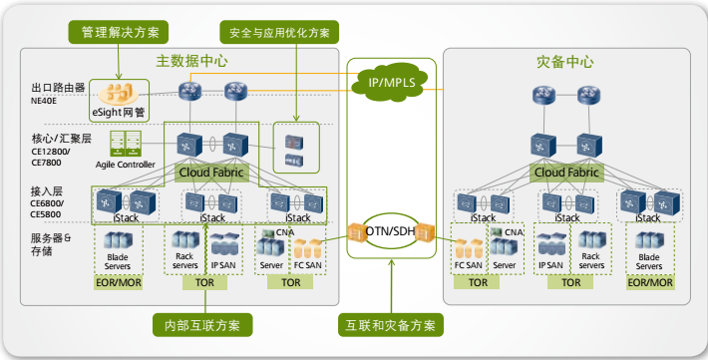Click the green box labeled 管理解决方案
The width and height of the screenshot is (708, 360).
tap(119, 32)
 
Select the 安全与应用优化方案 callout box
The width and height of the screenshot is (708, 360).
tap(279, 32)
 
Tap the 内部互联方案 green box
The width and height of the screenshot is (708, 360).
tap(202, 325)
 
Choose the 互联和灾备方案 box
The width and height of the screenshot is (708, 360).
tap(391, 325)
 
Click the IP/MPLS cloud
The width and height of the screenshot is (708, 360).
tap(391, 82)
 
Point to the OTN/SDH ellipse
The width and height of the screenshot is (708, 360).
tap(390, 231)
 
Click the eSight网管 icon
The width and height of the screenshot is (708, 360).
tap(119, 94)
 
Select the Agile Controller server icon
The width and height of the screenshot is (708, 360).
tap(126, 144)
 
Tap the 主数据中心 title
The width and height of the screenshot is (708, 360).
tap(191, 61)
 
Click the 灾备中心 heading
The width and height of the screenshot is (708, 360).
tap(564, 62)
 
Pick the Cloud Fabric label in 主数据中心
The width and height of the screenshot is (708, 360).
tap(211, 173)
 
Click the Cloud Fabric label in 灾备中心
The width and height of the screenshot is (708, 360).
tap(566, 173)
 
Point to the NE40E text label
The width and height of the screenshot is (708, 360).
tap(44, 101)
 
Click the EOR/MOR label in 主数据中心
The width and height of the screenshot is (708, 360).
tap(119, 283)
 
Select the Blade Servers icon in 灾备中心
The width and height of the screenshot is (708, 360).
tap(649, 240)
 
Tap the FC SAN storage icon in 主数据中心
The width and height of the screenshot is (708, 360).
tap(307, 249)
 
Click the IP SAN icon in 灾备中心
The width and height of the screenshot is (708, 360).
tap(551, 244)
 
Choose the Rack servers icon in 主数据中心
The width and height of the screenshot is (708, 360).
tap(185, 240)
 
